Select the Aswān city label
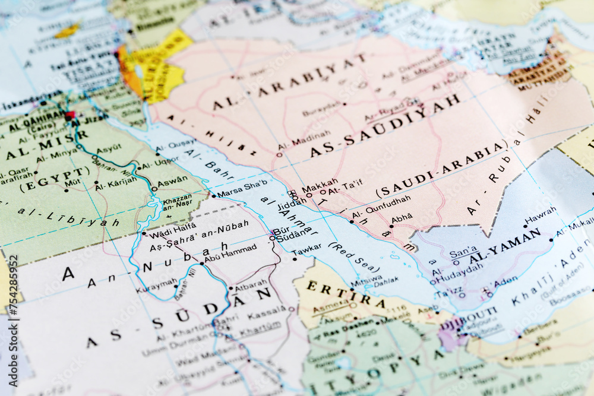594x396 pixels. (173, 179)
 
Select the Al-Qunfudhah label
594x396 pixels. (381, 207)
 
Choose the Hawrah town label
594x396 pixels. (541, 213)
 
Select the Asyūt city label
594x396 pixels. (109, 150)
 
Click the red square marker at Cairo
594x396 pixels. (70, 116)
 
